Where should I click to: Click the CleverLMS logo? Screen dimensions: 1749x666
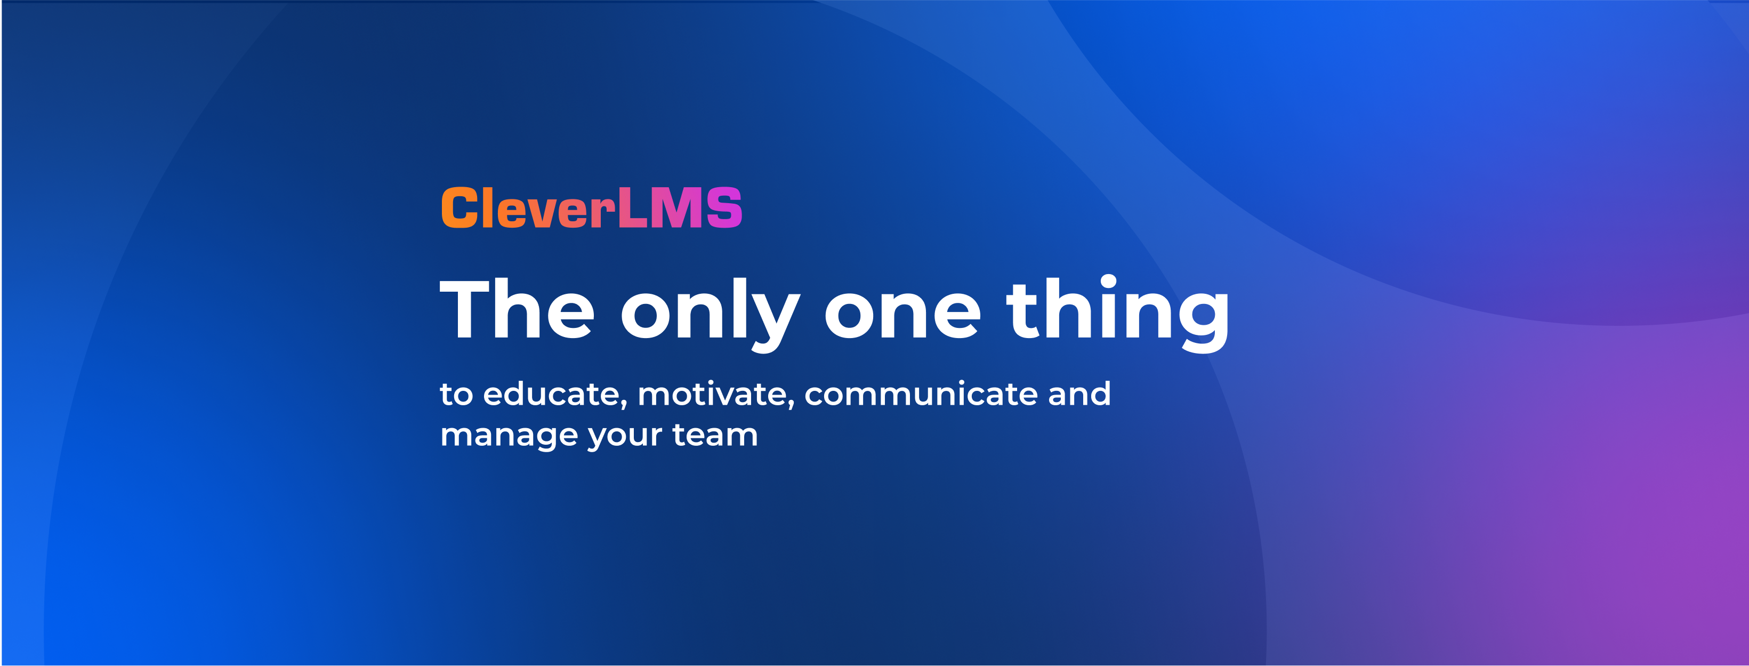point(591,208)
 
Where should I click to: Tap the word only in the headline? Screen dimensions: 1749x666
point(710,314)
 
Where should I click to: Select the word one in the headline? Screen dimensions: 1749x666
point(903,316)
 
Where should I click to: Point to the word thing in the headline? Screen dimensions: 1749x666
point(1117,313)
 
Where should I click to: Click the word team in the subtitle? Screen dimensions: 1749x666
point(715,435)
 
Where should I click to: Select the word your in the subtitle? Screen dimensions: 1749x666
point(625,437)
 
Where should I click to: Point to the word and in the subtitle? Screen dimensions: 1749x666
point(1079,394)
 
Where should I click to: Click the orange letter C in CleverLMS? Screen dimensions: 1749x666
point(459,208)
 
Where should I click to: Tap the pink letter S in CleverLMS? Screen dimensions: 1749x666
point(724,208)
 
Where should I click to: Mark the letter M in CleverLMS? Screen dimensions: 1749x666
point(677,208)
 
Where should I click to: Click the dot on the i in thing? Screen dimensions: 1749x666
point(1108,282)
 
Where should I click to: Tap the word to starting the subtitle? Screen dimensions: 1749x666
point(456,395)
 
